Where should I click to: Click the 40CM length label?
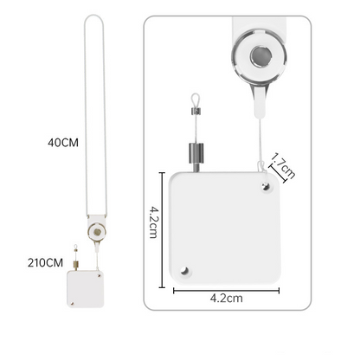coord(63,143)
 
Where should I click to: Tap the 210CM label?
coord(45,263)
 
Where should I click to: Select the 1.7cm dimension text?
coord(284,165)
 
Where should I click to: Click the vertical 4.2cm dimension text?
coord(153,222)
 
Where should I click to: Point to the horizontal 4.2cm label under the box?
coord(226,298)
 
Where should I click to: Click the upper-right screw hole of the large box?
coord(266,187)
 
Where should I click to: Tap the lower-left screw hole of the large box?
coord(184,271)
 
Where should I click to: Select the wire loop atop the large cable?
coord(196,99)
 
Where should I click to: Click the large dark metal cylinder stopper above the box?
coord(196,152)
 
